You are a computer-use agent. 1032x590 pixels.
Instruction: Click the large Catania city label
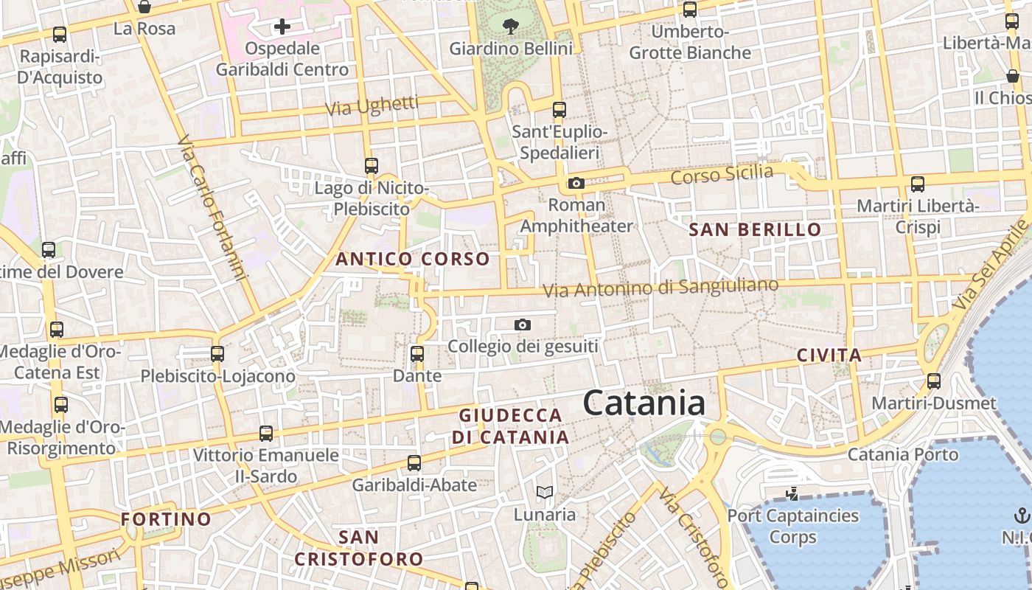point(644,403)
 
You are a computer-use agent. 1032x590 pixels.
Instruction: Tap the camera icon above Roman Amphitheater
point(576,183)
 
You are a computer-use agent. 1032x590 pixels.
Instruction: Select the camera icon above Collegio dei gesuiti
point(522,324)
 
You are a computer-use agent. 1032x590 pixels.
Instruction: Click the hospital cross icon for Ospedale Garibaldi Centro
point(282,27)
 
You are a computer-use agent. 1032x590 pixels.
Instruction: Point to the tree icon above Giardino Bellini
point(510,27)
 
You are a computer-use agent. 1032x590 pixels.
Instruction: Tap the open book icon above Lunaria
point(545,492)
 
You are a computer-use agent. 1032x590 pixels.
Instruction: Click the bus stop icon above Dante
point(417,354)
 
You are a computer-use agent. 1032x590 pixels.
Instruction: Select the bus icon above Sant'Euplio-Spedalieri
point(559,110)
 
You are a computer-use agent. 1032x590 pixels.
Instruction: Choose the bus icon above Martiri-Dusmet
point(934,381)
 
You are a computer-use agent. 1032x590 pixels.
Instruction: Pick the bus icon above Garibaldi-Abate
point(414,463)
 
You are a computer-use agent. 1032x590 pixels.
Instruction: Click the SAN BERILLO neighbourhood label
point(755,229)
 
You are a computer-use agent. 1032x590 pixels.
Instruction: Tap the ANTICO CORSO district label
point(413,259)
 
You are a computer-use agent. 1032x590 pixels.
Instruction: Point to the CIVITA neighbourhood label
point(829,355)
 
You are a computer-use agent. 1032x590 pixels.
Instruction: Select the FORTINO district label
point(166,519)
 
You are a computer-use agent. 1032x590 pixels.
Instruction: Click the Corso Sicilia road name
point(722,175)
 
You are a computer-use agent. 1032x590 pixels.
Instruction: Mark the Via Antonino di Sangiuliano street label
point(660,288)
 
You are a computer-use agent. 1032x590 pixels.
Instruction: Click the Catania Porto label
point(903,454)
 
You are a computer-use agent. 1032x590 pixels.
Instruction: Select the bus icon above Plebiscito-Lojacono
point(217,354)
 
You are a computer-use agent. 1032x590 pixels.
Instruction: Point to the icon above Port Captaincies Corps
point(792,494)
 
